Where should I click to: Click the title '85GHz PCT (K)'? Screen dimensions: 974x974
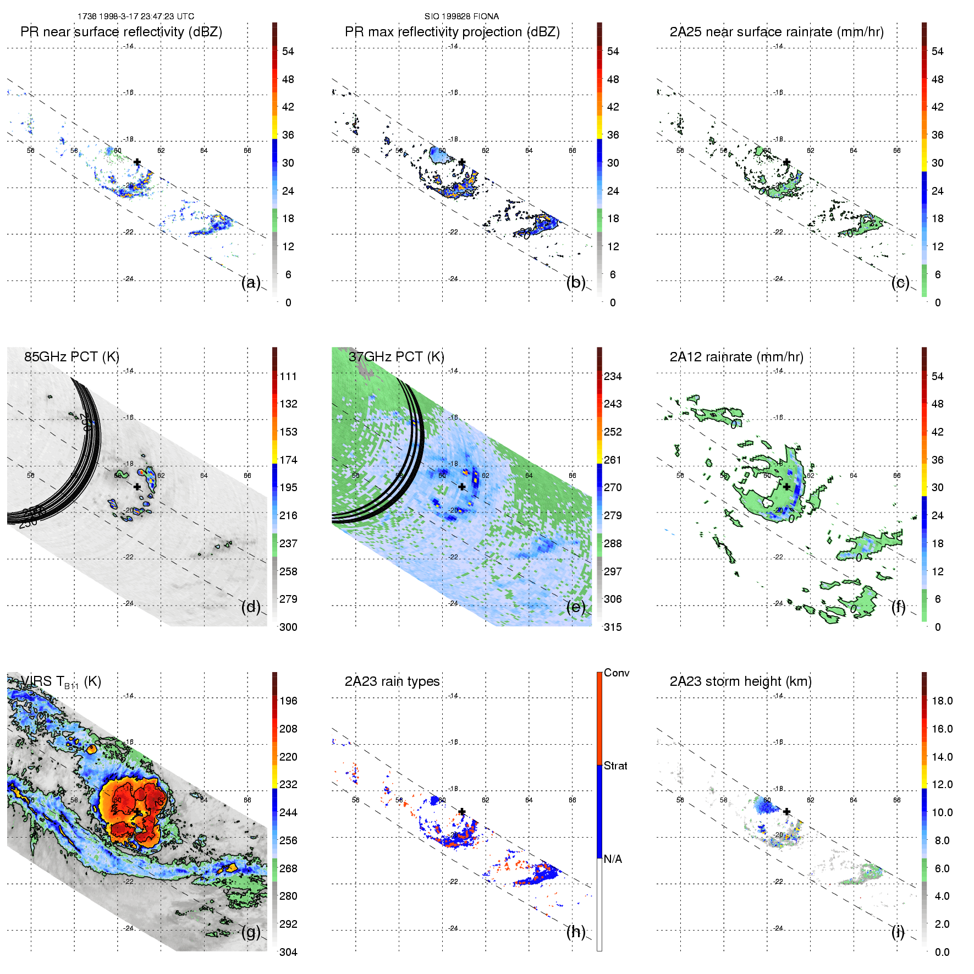71,357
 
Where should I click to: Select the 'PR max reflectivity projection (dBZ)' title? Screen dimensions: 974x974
452,32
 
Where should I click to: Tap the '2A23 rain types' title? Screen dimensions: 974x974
392,681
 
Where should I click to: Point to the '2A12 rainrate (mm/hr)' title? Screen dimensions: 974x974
736,357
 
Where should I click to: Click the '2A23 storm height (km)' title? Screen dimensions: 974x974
740,681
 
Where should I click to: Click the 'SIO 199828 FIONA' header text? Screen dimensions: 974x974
461,16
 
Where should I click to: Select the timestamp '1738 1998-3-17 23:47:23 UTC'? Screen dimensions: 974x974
136,16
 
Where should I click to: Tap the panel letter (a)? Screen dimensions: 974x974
251,282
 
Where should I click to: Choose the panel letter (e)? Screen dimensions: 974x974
576,607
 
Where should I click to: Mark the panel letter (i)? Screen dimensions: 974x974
898,932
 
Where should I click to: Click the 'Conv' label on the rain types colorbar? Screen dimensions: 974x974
617,673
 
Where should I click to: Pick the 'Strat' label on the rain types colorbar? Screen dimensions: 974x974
615,766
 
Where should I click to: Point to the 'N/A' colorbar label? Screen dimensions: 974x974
613,859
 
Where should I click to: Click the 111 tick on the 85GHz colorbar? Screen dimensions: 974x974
288,376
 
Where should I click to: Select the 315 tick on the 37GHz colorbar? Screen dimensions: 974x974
613,627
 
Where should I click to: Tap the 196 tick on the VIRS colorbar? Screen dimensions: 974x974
288,701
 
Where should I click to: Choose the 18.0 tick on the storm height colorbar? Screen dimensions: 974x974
942,701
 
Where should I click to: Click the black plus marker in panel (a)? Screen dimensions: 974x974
137,162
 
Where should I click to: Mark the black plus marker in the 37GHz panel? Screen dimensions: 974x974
462,487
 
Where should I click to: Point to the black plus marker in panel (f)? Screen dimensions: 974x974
786,487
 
